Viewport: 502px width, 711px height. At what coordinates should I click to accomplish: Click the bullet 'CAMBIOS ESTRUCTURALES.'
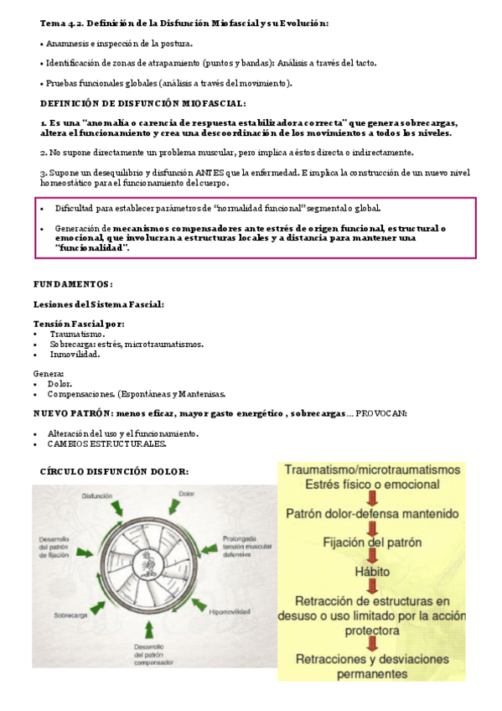(106, 443)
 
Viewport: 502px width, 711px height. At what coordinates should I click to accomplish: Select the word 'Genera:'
(49, 373)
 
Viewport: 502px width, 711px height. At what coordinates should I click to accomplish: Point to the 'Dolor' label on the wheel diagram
(187, 494)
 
